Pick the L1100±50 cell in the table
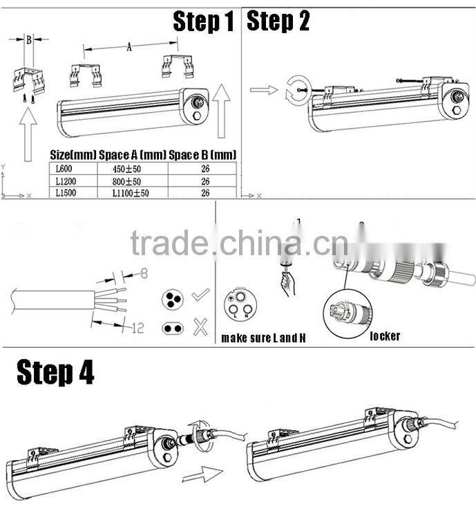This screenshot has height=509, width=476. tap(131, 194)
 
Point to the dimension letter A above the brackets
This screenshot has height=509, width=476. tap(130, 48)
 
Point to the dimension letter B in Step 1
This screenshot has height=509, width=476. tap(29, 40)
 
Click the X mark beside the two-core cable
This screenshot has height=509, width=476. tap(201, 327)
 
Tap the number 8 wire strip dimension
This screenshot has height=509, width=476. tap(144, 273)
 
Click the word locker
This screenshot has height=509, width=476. tap(385, 336)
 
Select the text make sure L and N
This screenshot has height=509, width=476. tap(263, 338)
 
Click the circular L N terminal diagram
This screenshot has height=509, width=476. tap(238, 305)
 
